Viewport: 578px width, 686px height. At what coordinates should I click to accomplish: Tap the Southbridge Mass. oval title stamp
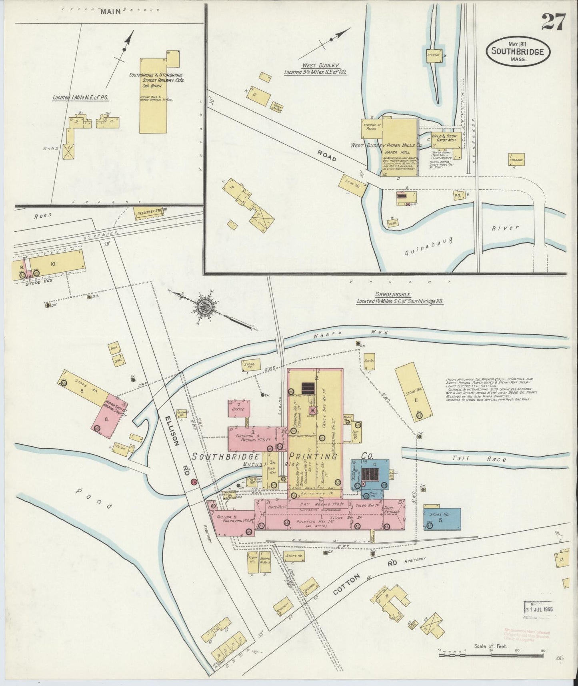pos(518,52)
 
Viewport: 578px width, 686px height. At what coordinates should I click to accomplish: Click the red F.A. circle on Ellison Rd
pos(194,481)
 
